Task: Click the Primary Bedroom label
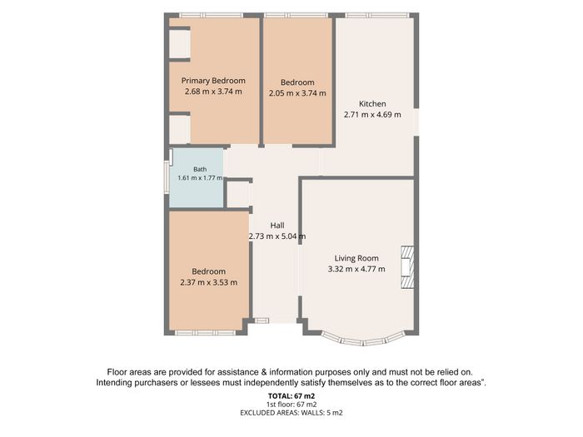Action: pyautogui.click(x=213, y=81)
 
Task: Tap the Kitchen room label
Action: pyautogui.click(x=372, y=104)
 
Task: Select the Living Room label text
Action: pyautogui.click(x=356, y=258)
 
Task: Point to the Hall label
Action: pyautogui.click(x=277, y=226)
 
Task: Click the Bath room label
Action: pyautogui.click(x=200, y=170)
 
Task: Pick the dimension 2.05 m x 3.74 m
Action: pyautogui.click(x=297, y=93)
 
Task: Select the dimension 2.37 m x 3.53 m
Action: pyautogui.click(x=208, y=282)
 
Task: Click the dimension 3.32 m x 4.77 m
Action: pyautogui.click(x=356, y=269)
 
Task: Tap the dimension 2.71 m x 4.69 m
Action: pyautogui.click(x=372, y=115)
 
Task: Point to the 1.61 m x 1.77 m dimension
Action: pyautogui.click(x=200, y=178)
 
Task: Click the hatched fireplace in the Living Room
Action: pyautogui.click(x=407, y=267)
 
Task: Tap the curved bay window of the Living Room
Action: pyautogui.click(x=361, y=340)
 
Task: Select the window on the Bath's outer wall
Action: pyautogui.click(x=167, y=177)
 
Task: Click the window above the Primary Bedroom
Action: pyautogui.click(x=212, y=15)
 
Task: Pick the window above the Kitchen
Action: pyautogui.click(x=377, y=15)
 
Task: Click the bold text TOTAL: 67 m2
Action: pyautogui.click(x=291, y=396)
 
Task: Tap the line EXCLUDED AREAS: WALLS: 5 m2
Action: pyautogui.click(x=291, y=413)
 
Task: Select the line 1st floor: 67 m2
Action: pyautogui.click(x=291, y=405)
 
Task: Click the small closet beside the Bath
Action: pyautogui.click(x=238, y=195)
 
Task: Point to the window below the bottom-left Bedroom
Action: pyautogui.click(x=205, y=333)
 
